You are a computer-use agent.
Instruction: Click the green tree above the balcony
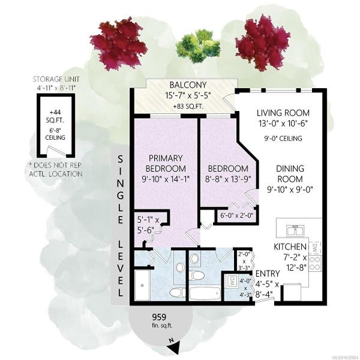[x=198, y=47]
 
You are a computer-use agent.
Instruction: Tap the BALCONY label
[x=188, y=85]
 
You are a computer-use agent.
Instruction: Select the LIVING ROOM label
[x=283, y=113]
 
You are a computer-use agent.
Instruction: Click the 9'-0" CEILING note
[x=283, y=139]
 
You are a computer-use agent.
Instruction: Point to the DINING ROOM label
[x=290, y=174]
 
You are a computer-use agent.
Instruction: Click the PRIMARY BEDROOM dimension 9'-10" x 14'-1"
[x=166, y=179]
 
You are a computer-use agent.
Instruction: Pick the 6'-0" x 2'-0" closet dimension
[x=236, y=215]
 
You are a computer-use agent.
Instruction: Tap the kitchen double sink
[x=295, y=230]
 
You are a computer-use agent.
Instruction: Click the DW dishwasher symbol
[x=315, y=248]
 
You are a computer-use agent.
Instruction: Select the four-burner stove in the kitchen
[x=315, y=263]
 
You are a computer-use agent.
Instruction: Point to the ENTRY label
[x=268, y=274]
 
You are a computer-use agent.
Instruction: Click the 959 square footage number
[x=159, y=317]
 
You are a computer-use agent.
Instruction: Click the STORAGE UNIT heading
[x=56, y=79]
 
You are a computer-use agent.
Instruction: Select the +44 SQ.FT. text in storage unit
[x=55, y=116]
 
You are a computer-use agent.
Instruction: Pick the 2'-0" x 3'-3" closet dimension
[x=244, y=261]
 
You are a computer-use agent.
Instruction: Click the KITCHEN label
[x=290, y=247]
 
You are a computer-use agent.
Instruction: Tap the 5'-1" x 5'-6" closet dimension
[x=148, y=225]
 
